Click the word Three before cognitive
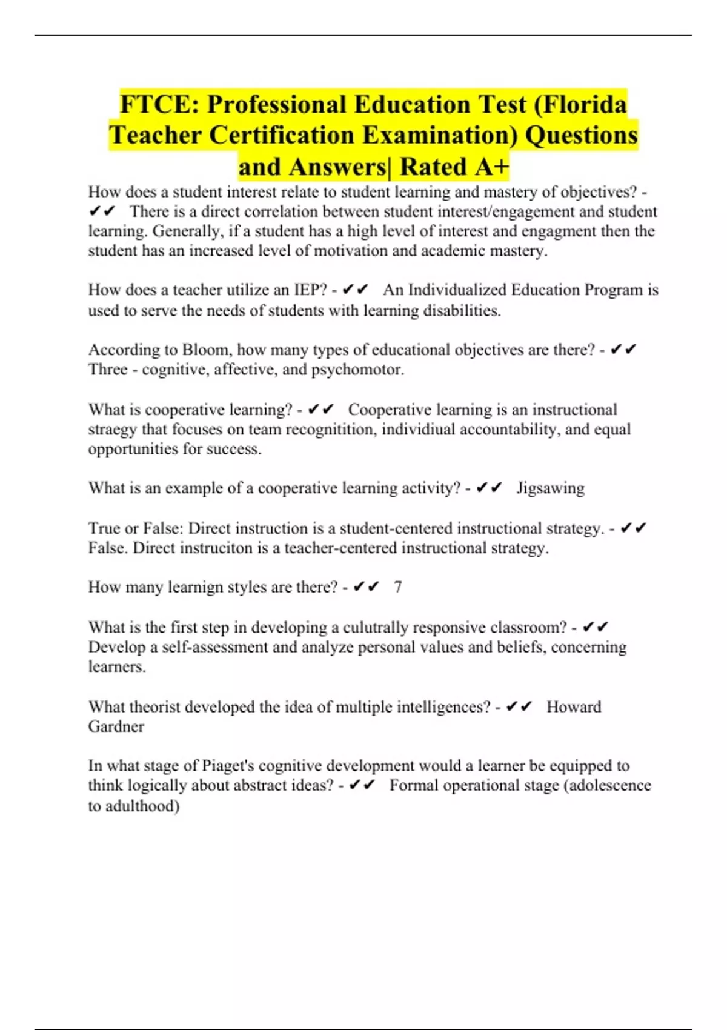pos(108,370)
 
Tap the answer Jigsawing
pos(550,488)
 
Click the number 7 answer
pos(397,587)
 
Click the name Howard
pos(574,707)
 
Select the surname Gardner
pos(116,726)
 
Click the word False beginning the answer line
pos(108,548)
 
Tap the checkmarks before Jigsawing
pos(490,488)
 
